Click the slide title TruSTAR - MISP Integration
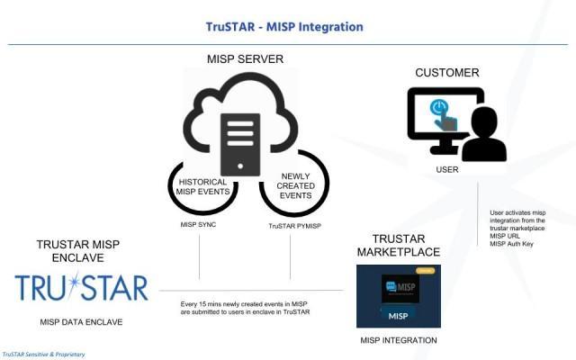[283, 27]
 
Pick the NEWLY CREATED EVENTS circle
[295, 184]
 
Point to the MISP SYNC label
[199, 225]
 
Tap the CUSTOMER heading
[447, 72]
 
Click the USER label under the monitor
[447, 169]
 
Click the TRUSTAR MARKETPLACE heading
[398, 244]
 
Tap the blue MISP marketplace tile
[399, 296]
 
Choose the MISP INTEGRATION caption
[399, 340]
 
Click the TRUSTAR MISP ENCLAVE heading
[77, 251]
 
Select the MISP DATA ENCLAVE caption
[81, 321]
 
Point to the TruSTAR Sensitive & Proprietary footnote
[44, 355]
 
